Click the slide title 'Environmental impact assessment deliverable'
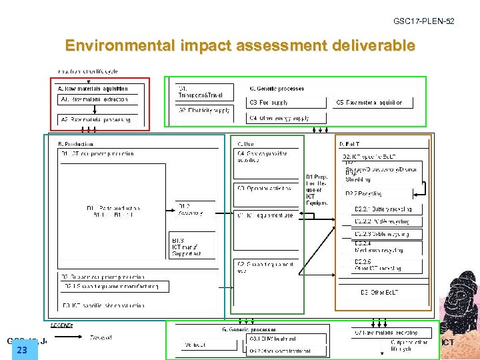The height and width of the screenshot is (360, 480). point(240,46)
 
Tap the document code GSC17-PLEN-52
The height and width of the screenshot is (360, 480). point(423,21)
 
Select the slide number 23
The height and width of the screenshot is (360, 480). point(22,350)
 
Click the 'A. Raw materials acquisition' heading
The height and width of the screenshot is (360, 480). point(93,89)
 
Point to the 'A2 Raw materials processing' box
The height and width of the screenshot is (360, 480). point(97,119)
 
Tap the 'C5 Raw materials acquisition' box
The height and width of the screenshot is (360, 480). point(373,103)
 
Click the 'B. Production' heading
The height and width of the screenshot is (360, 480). point(76,143)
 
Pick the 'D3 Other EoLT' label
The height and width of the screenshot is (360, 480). point(378,292)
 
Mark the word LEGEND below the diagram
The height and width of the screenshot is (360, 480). point(62,325)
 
